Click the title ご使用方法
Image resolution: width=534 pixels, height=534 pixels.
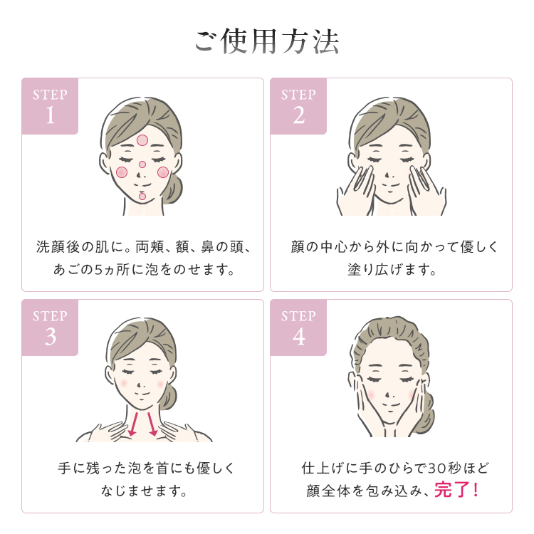267,41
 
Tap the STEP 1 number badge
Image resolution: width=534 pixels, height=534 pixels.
50,106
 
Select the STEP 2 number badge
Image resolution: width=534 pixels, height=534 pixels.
298,106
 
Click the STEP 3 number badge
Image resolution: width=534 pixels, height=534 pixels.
50,328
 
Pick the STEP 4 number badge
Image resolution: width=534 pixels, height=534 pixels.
298,328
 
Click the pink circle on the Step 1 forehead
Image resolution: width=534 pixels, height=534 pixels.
142,140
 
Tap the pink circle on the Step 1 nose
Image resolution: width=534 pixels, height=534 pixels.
142,164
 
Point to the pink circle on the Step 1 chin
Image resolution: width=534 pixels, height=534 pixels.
142,197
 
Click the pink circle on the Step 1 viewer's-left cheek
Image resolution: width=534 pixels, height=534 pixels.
122,172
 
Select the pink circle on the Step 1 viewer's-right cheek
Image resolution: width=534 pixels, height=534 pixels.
163,172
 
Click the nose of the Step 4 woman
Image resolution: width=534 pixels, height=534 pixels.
387,396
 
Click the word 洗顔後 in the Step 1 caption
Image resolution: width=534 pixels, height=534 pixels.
58,246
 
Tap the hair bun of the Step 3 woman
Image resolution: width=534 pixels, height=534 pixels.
168,397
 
